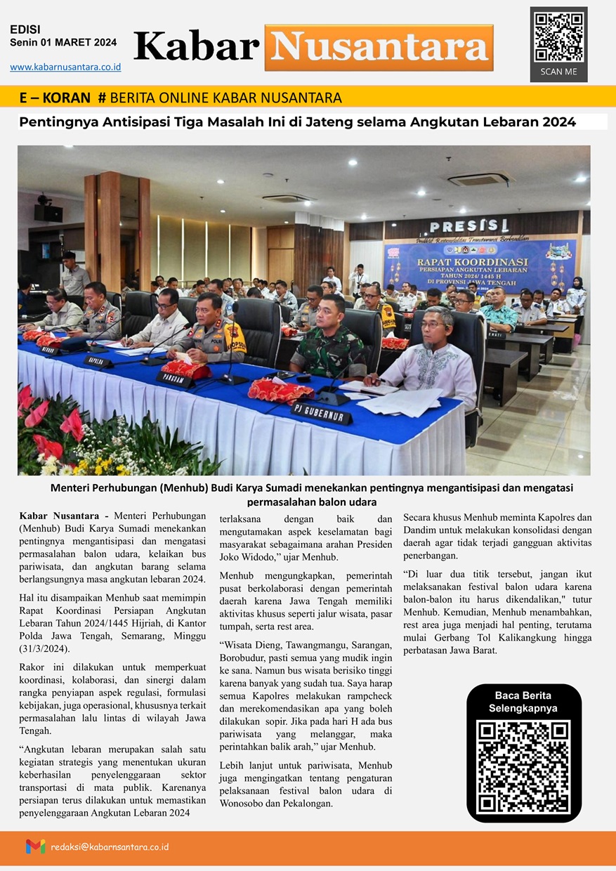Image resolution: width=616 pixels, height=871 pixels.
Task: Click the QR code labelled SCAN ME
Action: pos(558,37)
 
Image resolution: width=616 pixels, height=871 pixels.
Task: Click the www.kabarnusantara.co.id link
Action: pos(65,67)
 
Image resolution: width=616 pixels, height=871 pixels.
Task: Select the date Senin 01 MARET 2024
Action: pos(63,43)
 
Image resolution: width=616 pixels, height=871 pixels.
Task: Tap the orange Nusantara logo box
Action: pos(379,47)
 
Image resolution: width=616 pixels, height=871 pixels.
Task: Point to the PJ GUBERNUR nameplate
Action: pos(321,413)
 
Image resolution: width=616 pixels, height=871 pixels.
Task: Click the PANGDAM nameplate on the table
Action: pos(175,379)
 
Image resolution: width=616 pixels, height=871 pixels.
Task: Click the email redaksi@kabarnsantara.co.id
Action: pos(110,847)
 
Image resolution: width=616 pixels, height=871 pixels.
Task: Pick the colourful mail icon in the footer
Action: pos(35,846)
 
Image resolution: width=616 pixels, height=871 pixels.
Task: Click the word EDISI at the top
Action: pos(25,30)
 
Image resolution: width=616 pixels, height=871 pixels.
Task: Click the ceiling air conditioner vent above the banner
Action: pos(481,178)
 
